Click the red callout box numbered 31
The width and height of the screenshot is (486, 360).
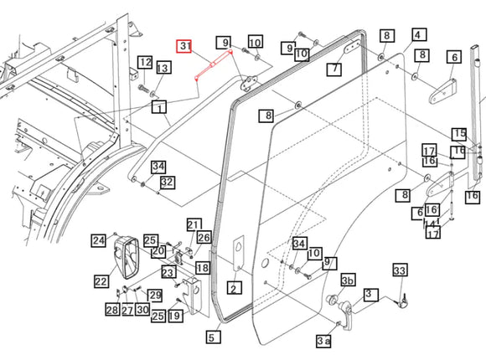click(184, 46)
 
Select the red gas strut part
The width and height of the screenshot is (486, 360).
click(214, 64)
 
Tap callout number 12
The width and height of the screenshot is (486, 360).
click(145, 63)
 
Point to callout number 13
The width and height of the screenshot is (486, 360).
click(163, 67)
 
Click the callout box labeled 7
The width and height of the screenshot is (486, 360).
click(334, 69)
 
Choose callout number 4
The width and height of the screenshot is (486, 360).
click(419, 34)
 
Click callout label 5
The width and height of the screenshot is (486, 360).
click(214, 337)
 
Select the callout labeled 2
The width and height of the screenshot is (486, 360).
click(235, 288)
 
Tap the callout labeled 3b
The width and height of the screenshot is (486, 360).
click(349, 280)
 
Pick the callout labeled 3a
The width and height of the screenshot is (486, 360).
click(323, 341)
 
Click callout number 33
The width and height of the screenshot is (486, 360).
click(401, 270)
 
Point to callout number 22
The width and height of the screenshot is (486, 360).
click(101, 281)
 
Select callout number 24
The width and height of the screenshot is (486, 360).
click(99, 240)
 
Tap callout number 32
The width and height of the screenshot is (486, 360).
click(168, 183)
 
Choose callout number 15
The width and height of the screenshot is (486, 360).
click(460, 134)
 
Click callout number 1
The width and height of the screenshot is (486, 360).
click(159, 108)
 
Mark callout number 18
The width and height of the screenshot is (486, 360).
click(203, 268)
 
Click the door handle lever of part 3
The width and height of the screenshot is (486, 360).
click(347, 315)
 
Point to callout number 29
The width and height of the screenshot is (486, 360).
click(155, 295)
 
